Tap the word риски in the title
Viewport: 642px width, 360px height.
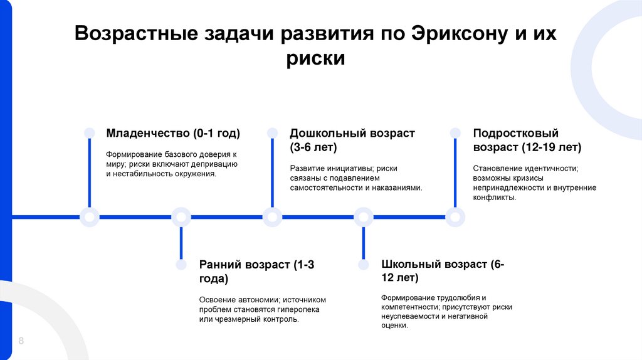coord(316,58)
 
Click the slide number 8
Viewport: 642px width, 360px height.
coord(21,341)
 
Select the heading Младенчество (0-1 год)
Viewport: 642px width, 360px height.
coord(173,134)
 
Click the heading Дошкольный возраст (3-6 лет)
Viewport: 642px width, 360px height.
coord(352,140)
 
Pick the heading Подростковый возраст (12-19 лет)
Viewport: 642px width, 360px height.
coord(527,140)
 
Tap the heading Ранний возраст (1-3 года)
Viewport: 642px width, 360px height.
coord(256,272)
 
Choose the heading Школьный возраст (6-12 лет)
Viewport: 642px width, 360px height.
coord(443,270)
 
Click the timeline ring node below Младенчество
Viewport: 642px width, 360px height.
coord(90,217)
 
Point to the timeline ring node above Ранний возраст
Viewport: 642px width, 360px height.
coord(181,217)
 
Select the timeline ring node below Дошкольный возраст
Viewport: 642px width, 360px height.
coord(272,217)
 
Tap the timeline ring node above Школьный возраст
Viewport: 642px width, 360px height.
coord(364,217)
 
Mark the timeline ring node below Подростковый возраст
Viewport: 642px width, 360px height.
coord(455,217)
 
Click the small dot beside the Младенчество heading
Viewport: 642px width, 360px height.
coord(90,132)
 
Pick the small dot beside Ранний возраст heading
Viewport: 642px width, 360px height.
coord(181,265)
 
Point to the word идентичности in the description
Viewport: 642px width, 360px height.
coord(552,168)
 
